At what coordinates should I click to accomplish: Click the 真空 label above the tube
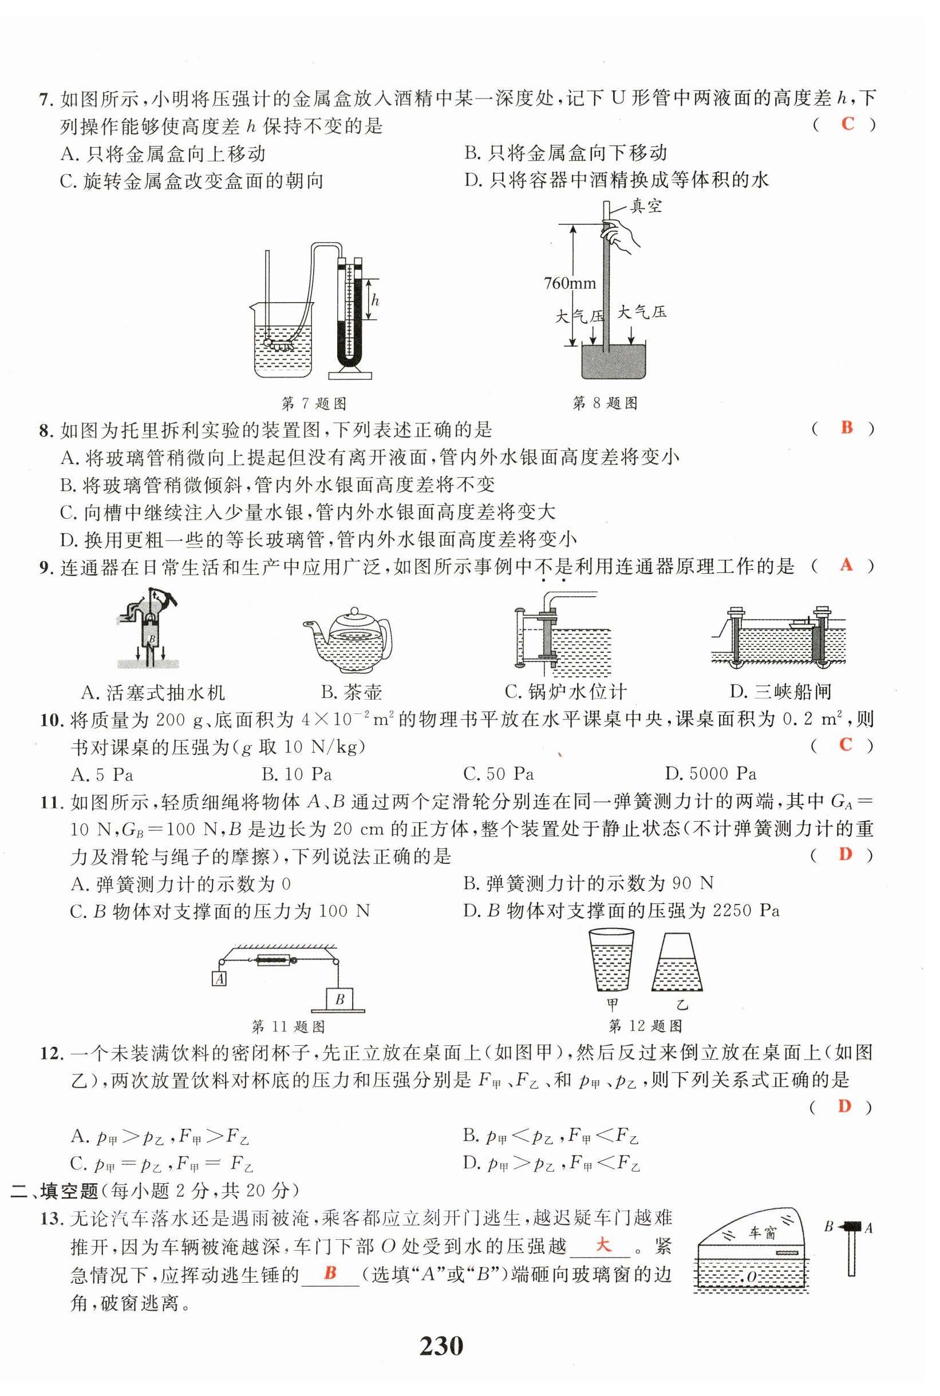pyautogui.click(x=646, y=207)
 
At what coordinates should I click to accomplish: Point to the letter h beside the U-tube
pyautogui.click(x=376, y=301)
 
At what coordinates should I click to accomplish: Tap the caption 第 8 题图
pyautogui.click(x=605, y=403)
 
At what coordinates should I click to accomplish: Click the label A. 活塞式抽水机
pyautogui.click(x=153, y=693)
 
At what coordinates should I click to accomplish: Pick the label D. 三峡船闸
pyautogui.click(x=780, y=692)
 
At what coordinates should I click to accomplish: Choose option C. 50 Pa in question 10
pyautogui.click(x=498, y=774)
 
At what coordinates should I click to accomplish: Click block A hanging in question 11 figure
pyautogui.click(x=219, y=979)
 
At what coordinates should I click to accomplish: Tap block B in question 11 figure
pyautogui.click(x=339, y=1000)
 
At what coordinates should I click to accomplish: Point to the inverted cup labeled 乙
pyautogui.click(x=678, y=963)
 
